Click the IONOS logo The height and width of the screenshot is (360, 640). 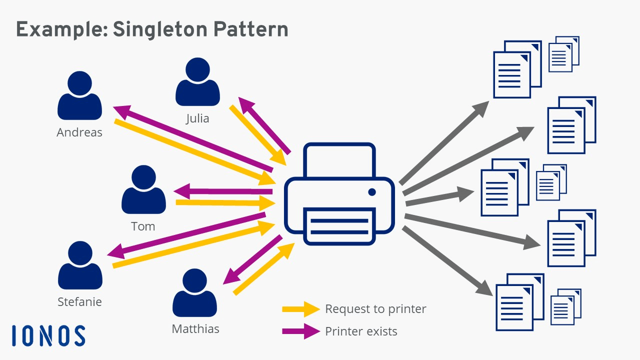point(48,335)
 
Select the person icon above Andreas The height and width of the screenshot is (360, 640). point(80,95)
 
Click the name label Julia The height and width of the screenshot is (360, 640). point(197,118)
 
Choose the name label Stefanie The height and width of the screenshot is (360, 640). point(79,302)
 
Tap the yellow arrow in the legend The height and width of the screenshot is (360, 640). point(300,309)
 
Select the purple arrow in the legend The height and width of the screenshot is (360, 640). point(300,331)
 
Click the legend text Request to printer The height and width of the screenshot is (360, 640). point(375,309)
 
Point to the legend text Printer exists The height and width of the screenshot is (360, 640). point(361,331)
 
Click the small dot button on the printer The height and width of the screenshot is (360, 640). point(371,192)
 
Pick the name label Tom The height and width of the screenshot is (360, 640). point(143,226)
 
